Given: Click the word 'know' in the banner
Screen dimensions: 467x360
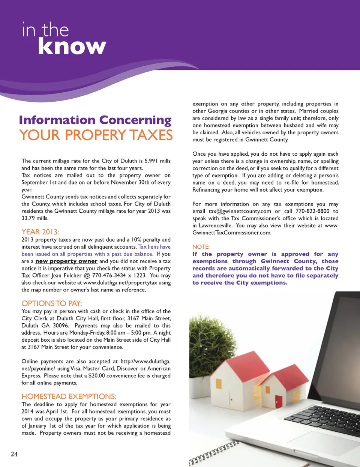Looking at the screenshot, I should click(x=72, y=46).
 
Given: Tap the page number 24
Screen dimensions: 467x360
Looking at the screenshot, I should click(x=14, y=454).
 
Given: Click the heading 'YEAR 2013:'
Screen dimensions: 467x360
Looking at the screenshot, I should click(x=40, y=231).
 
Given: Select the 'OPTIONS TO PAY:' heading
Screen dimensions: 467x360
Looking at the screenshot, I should click(x=52, y=303).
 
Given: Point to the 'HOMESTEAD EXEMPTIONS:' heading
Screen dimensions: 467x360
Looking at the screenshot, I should click(x=69, y=396).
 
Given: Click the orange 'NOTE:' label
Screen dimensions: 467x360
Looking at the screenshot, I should click(x=201, y=246).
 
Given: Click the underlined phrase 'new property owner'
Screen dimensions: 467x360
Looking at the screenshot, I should click(x=66, y=261).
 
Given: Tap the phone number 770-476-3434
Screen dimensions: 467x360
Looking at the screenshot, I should click(x=109, y=275).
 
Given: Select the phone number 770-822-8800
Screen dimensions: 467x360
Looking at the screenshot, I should click(x=312, y=211).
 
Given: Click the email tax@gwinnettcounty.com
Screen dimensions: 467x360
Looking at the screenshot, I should click(x=240, y=211).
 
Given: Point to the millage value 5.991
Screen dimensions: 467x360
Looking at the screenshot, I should click(x=151, y=161).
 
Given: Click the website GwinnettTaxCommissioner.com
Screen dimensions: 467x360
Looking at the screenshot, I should click(x=232, y=233).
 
